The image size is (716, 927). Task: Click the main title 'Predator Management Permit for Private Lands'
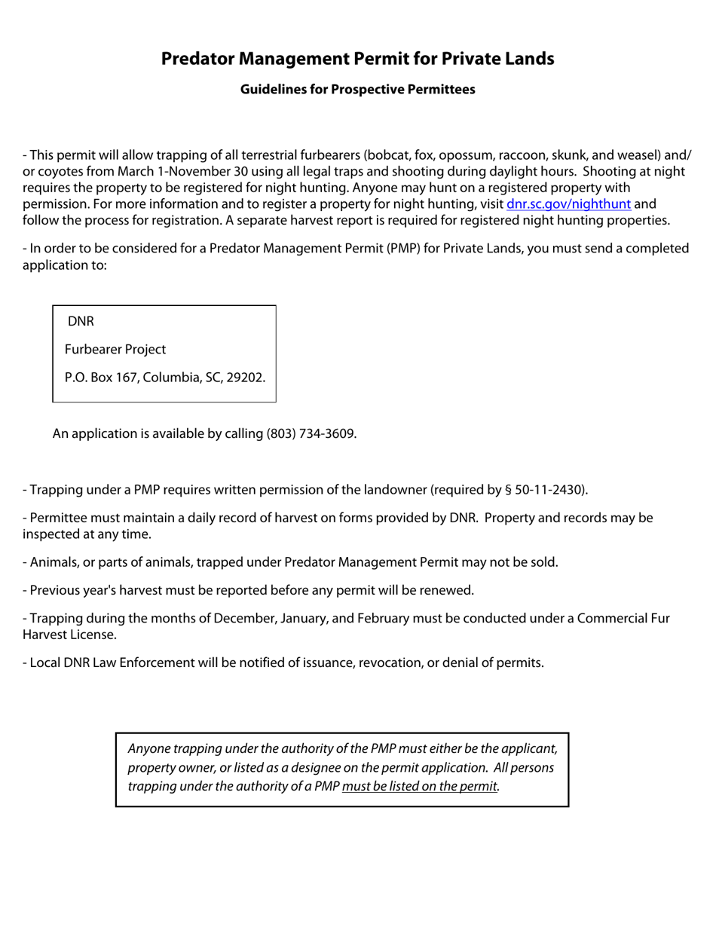click(357, 59)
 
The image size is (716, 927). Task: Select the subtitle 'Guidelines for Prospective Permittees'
click(357, 90)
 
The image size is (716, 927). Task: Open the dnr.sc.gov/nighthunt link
click(568, 203)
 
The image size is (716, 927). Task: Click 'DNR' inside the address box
click(81, 322)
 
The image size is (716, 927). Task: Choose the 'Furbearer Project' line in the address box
click(115, 350)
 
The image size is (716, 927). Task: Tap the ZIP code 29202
click(246, 378)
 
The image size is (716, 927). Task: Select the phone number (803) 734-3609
click(310, 434)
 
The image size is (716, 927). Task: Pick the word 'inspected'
click(50, 534)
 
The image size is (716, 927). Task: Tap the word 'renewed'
click(448, 590)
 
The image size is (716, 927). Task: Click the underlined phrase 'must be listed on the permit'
click(420, 787)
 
